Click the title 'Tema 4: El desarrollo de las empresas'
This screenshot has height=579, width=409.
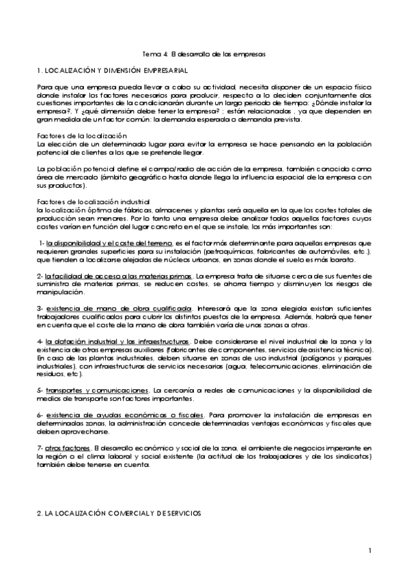point(203,53)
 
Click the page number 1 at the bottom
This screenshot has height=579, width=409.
point(369,550)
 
